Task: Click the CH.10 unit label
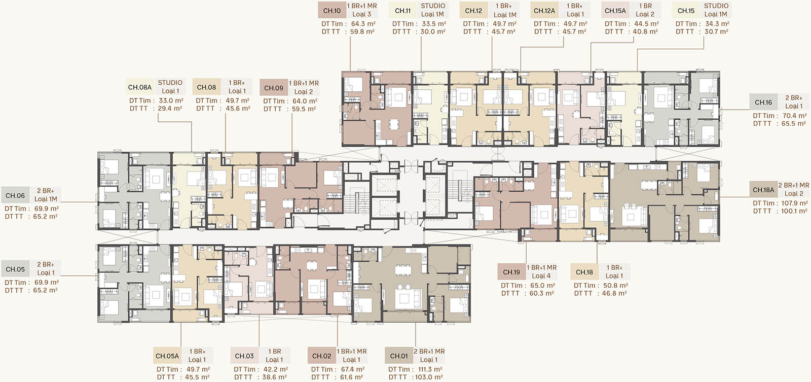coord(332,11)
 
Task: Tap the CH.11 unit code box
coord(403,11)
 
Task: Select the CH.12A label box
coord(544,11)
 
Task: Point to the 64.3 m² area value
coord(363,24)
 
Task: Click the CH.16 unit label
coord(763,102)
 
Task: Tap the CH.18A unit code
coord(763,190)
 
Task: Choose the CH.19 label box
coord(511,272)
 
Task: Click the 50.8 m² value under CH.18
coord(615,286)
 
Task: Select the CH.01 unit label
coord(399,356)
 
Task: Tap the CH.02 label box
coord(321,356)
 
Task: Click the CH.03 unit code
coord(244,356)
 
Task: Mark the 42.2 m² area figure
coord(275,369)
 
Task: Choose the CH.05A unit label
coord(167,356)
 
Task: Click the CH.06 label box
coord(15,195)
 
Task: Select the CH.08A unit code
coord(140,87)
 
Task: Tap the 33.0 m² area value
coord(171,101)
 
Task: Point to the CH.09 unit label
coord(273,88)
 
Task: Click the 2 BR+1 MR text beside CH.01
coord(429,351)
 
